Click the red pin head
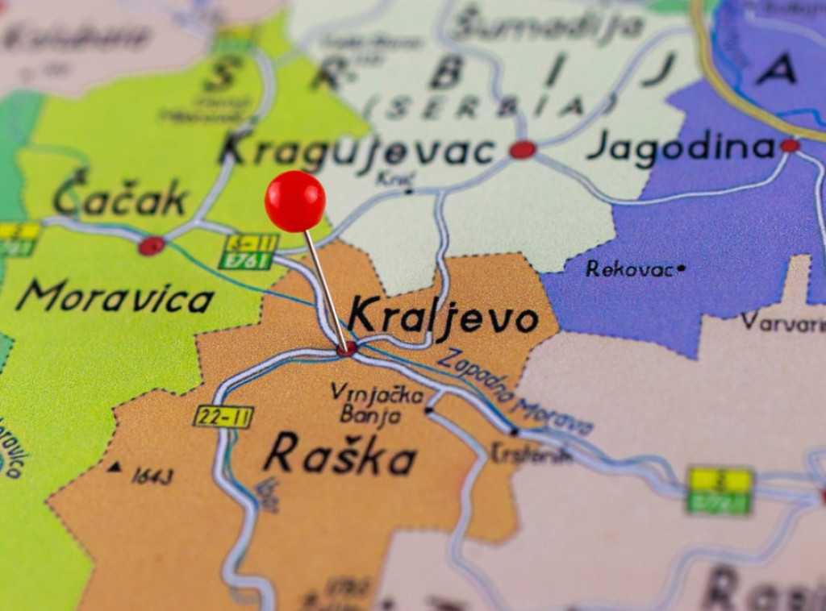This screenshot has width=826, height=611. (x=295, y=201)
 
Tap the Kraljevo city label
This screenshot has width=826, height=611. (x=443, y=316)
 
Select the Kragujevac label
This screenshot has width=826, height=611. (x=358, y=150)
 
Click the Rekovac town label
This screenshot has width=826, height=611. (x=629, y=269)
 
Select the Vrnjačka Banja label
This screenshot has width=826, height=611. (x=376, y=404)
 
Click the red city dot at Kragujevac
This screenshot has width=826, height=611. (x=523, y=149)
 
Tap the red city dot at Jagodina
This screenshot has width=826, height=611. (x=790, y=146)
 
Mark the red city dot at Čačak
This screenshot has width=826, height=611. (x=151, y=246)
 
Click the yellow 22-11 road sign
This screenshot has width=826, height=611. (x=223, y=417)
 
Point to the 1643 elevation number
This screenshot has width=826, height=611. (x=152, y=476)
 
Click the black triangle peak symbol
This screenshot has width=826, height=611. (x=115, y=466)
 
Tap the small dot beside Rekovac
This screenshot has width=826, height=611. (x=682, y=268)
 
